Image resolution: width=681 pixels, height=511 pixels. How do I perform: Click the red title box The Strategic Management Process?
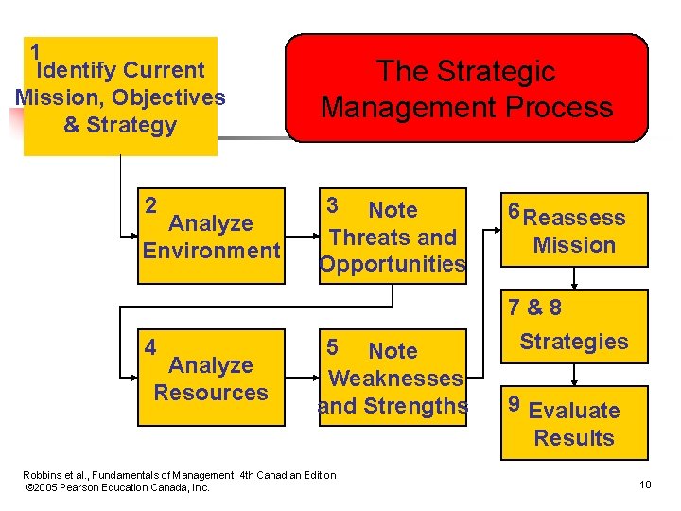coord(467,88)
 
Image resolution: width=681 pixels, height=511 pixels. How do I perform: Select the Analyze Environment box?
coord(211,237)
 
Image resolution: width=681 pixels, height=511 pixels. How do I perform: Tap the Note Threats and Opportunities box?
coord(393,237)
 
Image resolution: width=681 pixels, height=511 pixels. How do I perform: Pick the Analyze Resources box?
coord(211,378)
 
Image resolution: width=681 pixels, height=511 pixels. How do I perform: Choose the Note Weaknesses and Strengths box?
coord(393,378)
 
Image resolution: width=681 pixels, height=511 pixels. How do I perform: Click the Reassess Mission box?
coord(574,231)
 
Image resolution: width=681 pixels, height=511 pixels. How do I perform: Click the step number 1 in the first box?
coord(35,51)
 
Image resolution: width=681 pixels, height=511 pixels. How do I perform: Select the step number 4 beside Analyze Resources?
coord(150,345)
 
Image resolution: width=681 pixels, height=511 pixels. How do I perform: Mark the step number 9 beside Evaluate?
coord(515,404)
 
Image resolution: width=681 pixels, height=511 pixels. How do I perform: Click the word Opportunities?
coord(393,265)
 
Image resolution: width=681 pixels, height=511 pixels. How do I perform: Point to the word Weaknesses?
coord(395,379)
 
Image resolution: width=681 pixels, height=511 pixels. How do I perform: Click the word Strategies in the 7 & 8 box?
coord(574,342)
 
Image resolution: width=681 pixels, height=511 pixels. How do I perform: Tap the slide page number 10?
coord(645,485)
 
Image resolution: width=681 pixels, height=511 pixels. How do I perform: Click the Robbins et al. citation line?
coord(180,474)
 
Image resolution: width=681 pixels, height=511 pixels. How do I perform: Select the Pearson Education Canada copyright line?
coord(119,487)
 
